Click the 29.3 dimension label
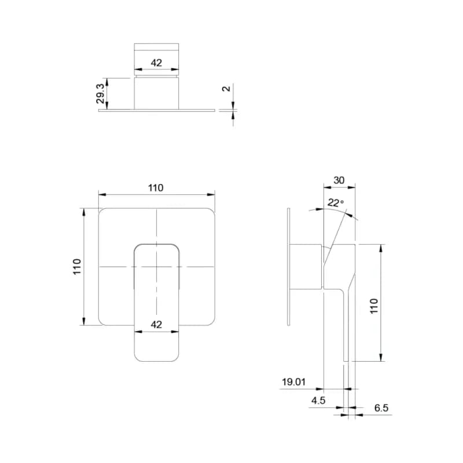pyautogui.click(x=100, y=94)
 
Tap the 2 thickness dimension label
pyautogui.click(x=226, y=89)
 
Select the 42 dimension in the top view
pyautogui.click(x=156, y=63)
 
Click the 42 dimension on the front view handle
pyautogui.click(x=156, y=325)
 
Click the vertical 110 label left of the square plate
pyautogui.click(x=77, y=267)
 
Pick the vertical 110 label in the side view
pyautogui.click(x=374, y=306)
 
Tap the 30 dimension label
pyautogui.click(x=339, y=180)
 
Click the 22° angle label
pyautogui.click(x=336, y=203)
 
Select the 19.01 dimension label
pyautogui.click(x=293, y=382)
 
